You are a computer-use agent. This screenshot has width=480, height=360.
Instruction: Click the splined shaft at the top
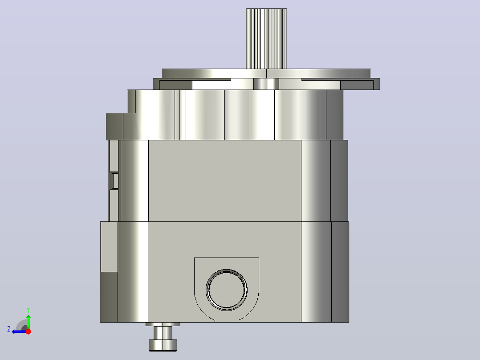(266, 39)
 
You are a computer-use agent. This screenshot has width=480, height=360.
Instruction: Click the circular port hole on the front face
(227, 290)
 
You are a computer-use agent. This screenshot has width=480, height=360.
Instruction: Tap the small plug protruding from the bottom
(163, 337)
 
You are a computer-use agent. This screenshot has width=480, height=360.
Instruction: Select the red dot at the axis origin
(28, 331)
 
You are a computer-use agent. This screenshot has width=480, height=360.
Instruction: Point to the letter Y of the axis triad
(28, 310)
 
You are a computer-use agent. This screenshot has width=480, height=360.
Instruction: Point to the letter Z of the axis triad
(9, 329)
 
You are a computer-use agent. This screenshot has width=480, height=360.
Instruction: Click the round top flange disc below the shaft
(266, 74)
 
